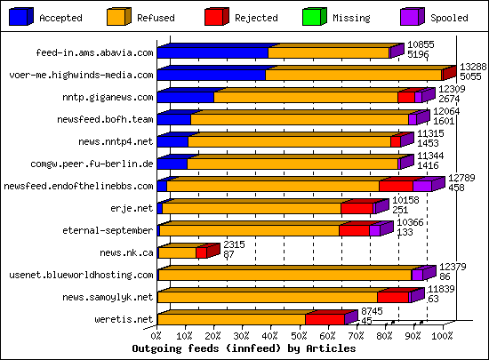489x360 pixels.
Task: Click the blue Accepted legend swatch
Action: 20,15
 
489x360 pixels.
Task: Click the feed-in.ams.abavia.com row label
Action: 95,52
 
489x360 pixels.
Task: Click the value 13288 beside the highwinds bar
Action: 472,68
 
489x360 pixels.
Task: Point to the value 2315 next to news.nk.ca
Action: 234,244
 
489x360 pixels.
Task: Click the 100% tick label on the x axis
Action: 442,336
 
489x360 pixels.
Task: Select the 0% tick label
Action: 157,336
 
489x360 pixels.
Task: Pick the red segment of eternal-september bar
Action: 353,230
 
